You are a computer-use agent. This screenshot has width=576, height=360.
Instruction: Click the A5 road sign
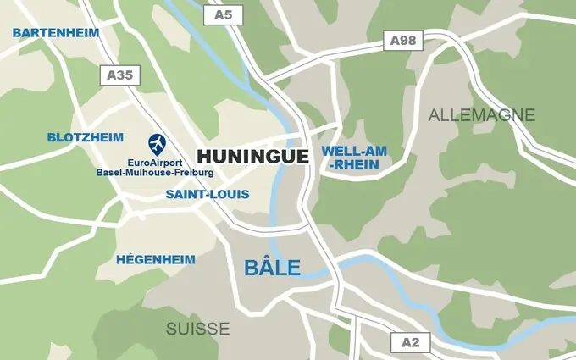[x=224, y=14]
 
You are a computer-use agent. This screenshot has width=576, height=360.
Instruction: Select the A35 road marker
[x=119, y=75]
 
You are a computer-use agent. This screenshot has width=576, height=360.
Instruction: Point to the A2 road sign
[x=410, y=342]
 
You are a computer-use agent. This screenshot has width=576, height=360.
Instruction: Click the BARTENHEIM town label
[x=56, y=32]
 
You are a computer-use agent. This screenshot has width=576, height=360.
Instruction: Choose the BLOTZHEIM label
[x=86, y=136]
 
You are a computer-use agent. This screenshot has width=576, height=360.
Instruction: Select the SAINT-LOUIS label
[x=208, y=194]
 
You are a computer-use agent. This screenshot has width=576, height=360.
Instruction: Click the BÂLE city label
[x=272, y=268]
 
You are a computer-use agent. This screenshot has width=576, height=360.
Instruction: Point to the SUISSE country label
[x=197, y=329]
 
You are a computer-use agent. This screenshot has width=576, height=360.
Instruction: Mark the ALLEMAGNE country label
[x=482, y=114]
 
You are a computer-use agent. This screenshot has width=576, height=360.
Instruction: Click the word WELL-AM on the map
[x=354, y=151]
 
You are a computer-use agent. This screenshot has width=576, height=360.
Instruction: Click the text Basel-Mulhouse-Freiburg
[x=155, y=172]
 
